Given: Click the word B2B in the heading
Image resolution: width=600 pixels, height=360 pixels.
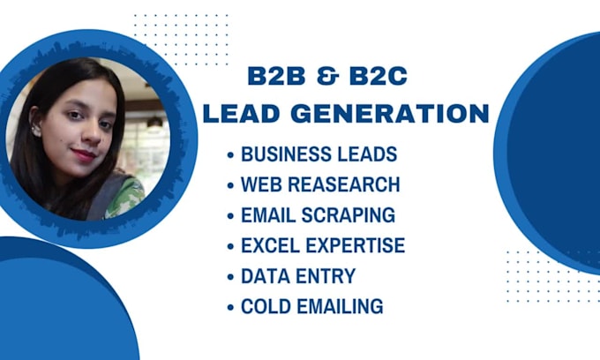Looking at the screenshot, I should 274,77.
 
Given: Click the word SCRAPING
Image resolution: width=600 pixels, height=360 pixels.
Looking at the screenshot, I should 351,215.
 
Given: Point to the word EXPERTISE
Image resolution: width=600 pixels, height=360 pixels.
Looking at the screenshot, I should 356,246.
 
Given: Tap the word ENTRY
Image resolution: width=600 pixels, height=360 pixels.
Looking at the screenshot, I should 325,276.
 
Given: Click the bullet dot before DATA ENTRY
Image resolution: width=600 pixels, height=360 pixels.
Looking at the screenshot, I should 231,277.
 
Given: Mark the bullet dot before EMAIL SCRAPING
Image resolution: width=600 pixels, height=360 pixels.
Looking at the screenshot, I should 231,216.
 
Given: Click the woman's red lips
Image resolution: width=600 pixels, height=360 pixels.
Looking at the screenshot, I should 83,154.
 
